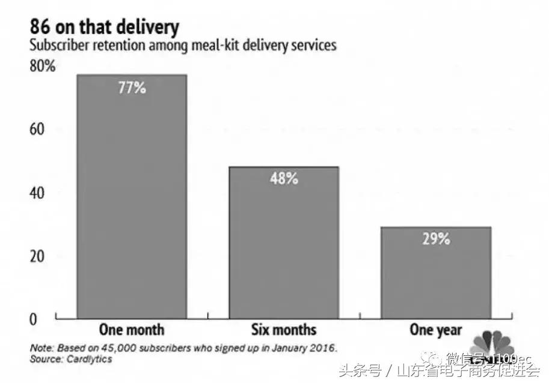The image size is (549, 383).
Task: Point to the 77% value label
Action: pos(132,88)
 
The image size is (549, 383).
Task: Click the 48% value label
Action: pos(284,179)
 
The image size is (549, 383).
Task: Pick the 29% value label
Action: pos(435,239)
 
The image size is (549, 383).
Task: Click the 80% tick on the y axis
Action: pos(43,66)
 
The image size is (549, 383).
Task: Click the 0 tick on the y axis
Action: pos(34,319)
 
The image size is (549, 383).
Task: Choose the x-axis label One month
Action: pos(131,330)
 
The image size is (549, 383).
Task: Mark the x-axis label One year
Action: pos(435,330)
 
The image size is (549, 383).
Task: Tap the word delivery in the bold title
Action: pos(147,28)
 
